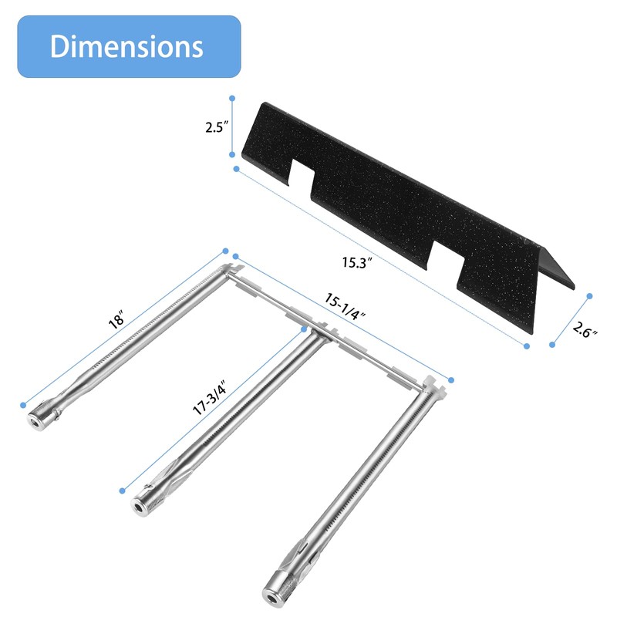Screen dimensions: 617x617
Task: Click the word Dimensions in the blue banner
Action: click(126, 46)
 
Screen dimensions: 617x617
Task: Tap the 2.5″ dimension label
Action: click(217, 127)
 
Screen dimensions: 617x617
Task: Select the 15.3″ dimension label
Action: click(357, 262)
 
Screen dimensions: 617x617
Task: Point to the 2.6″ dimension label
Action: click(584, 329)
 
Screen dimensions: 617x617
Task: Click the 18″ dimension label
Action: click(117, 319)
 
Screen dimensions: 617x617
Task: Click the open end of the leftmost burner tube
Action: click(36, 422)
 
